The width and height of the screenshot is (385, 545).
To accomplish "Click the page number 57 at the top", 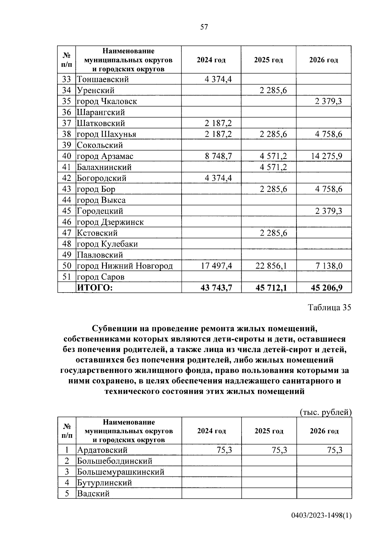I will coord(204,27).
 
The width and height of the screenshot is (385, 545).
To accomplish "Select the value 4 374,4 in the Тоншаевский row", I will coord(218,79).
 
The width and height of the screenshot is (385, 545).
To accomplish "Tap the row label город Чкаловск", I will coord(107,101).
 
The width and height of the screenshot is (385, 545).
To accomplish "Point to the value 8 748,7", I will coord(218,156).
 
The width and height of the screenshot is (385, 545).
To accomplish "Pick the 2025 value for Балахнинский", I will coord(273,167).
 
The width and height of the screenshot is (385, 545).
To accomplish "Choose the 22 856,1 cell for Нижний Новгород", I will coord(271,266).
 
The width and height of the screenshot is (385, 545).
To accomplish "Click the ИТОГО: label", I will coord(95,288).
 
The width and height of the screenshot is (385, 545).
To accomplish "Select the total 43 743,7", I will coord(216,288).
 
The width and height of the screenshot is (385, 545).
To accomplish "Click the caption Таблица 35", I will coord(329,307).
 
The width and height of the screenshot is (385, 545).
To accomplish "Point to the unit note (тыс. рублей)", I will coord(326,412).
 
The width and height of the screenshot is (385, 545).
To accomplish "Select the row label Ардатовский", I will coord(102,450).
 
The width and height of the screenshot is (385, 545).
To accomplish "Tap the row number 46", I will coord(66,222).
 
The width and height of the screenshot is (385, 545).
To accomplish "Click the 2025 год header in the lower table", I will coord(269,431).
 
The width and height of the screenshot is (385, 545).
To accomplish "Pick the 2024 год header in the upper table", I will coord(211,60).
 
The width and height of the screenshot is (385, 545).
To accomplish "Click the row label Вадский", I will coord(93,494).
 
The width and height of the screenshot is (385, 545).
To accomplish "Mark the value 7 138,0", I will coord(329,266).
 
